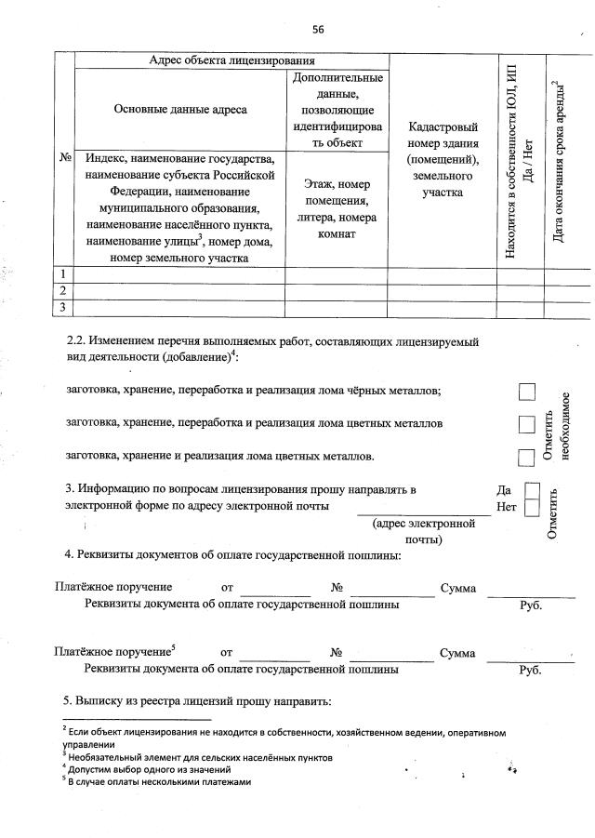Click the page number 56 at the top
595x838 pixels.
[x=318, y=30]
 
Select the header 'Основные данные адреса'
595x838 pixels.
[x=180, y=109]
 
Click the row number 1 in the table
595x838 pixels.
[x=63, y=274]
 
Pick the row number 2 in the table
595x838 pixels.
[x=63, y=291]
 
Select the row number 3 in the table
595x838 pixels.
[x=63, y=307]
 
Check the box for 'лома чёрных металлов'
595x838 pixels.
[x=527, y=392]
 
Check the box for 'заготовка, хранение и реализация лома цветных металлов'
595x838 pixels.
[x=527, y=457]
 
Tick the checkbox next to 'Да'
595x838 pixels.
[x=532, y=490]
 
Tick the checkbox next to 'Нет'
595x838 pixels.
[x=532, y=508]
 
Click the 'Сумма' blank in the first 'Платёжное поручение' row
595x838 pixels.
[x=531, y=592]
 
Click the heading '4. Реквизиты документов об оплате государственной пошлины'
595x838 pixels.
[x=232, y=555]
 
